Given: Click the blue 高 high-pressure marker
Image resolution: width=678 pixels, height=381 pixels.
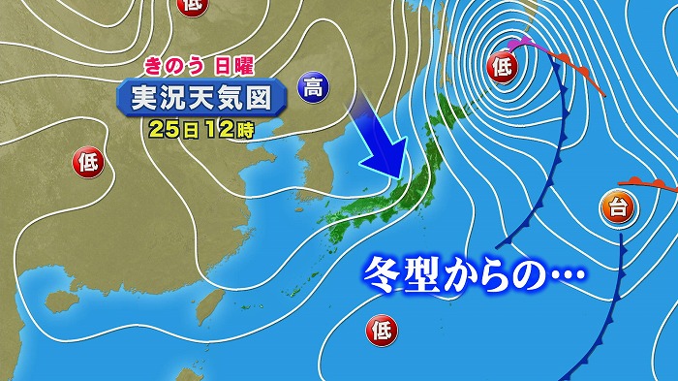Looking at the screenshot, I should (313, 88).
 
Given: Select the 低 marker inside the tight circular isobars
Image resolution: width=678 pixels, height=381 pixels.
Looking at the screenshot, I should (503, 67).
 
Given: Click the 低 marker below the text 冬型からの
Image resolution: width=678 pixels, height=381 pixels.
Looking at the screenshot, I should (382, 332).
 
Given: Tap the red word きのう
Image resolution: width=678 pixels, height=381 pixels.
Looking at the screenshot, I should (173, 67).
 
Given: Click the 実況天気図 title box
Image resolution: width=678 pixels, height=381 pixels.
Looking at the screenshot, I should (202, 97).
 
